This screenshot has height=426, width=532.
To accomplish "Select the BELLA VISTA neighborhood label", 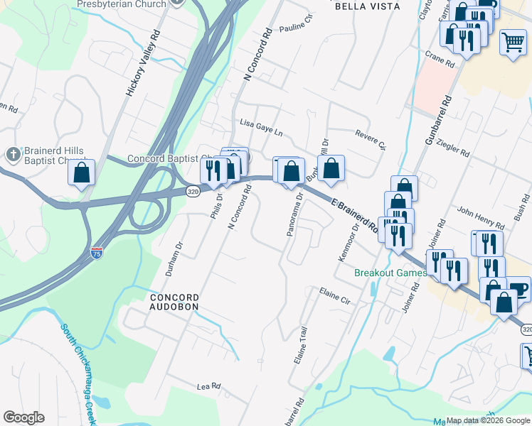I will point(367,6).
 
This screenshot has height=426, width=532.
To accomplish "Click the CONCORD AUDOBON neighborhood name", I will point(174,301).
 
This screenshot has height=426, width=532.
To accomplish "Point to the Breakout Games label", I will point(391,273).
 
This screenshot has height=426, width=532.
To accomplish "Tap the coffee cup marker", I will point(518,289).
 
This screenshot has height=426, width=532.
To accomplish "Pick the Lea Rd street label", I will point(209,386).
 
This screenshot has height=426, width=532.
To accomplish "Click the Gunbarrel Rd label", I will point(439,121).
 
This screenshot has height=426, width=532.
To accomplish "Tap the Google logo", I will point(23,417).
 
